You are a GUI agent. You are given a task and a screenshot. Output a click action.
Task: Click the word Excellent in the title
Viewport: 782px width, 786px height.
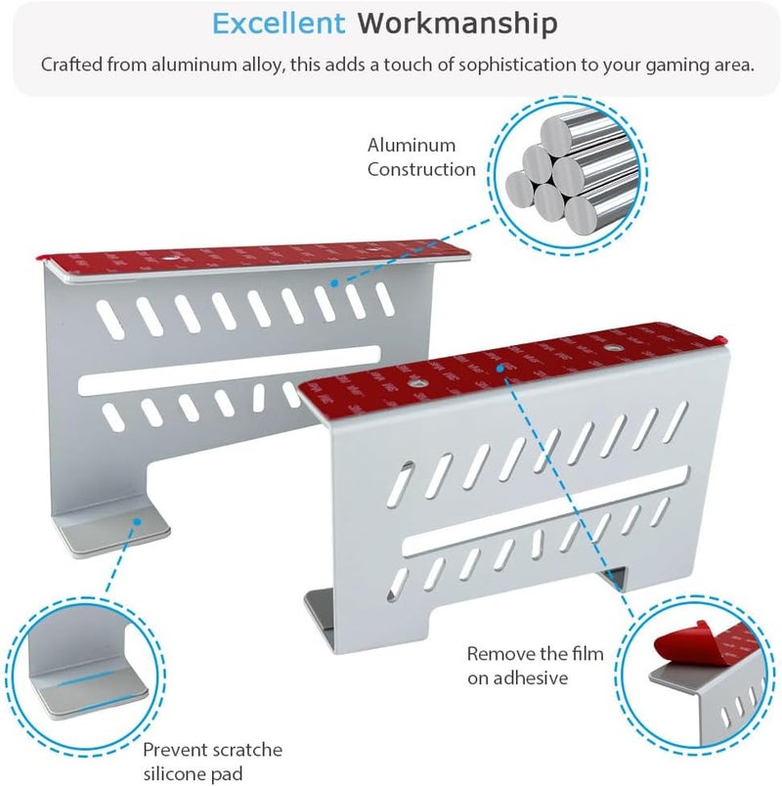tap(279, 23)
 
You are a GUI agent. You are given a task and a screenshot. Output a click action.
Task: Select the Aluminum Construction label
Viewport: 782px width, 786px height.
tap(421, 157)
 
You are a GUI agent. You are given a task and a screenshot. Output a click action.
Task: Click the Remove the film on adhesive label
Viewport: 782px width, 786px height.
tap(535, 666)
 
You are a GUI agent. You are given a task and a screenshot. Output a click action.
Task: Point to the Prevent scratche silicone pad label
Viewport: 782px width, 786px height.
tap(212, 762)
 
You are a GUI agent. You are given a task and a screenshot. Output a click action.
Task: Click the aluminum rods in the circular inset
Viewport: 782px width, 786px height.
tap(568, 174)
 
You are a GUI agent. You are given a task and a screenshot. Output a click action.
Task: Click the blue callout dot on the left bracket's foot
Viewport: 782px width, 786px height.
tap(136, 521)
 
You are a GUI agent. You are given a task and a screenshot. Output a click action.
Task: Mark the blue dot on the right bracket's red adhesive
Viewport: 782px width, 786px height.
tap(500, 369)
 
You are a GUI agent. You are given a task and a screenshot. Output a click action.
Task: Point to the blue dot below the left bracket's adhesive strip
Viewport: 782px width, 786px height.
tap(334, 284)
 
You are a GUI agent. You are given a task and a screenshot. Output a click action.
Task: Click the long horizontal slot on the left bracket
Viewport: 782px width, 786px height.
tap(230, 371)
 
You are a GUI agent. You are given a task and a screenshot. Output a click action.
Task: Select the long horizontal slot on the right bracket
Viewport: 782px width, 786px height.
tap(545, 510)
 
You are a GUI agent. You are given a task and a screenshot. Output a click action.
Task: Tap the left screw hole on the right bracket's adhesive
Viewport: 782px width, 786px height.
tap(415, 383)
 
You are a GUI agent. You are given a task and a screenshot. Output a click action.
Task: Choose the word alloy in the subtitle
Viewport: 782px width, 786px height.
tap(263, 66)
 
